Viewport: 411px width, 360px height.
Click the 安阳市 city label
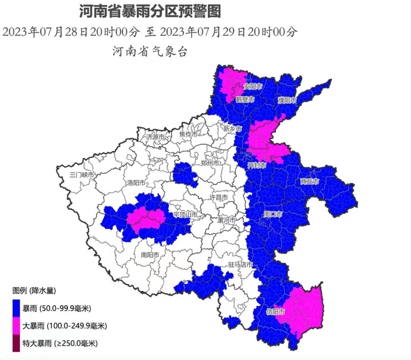253,86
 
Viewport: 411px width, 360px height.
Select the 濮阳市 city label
287,100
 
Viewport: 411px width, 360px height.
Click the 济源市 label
154,137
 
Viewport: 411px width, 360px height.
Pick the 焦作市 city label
186,135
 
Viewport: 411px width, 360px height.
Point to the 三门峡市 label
82,175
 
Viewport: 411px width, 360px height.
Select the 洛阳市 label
135,183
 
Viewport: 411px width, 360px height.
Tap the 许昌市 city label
221,197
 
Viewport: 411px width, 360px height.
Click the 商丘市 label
310,181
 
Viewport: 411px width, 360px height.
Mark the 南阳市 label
150,255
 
